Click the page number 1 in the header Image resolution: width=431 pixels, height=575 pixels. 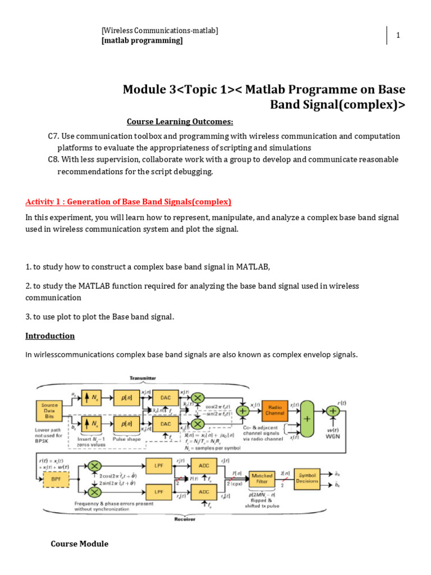[398, 35]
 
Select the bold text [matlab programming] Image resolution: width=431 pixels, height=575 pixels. [142, 40]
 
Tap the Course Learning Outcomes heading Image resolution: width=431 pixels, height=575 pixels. [180, 122]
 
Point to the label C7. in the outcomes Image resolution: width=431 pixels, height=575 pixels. [54, 136]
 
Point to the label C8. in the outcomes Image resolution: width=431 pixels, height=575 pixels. [54, 159]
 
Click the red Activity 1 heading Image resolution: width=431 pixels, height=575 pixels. [128, 202]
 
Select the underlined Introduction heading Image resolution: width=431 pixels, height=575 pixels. [50, 336]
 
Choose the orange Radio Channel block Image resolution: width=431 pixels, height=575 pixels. [275, 410]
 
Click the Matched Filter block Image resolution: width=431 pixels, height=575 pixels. [262, 478]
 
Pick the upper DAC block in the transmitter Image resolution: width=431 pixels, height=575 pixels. [165, 397]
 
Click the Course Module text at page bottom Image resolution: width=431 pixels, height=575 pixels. [79, 544]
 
